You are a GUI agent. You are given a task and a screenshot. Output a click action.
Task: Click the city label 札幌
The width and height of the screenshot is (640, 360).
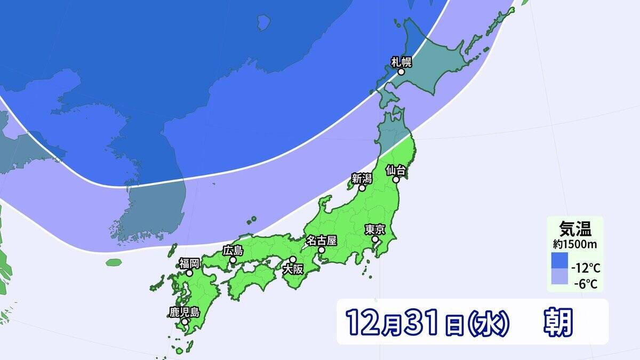[x=401, y=61]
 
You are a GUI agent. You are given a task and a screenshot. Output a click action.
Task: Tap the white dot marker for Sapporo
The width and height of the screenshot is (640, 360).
[x=401, y=71]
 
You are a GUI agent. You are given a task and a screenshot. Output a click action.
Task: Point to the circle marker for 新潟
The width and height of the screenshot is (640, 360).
[x=362, y=188]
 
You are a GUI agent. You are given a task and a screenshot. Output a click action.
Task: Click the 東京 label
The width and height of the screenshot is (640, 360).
[x=375, y=230]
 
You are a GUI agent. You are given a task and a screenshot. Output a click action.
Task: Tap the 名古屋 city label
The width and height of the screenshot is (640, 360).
[x=321, y=240]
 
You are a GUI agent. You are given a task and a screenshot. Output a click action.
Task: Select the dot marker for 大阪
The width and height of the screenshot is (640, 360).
[x=293, y=259]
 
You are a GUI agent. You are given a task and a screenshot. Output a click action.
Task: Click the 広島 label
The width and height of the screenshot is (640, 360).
[x=233, y=250]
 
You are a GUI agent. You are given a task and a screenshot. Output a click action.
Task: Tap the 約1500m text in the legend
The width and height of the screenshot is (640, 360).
[x=574, y=244]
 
